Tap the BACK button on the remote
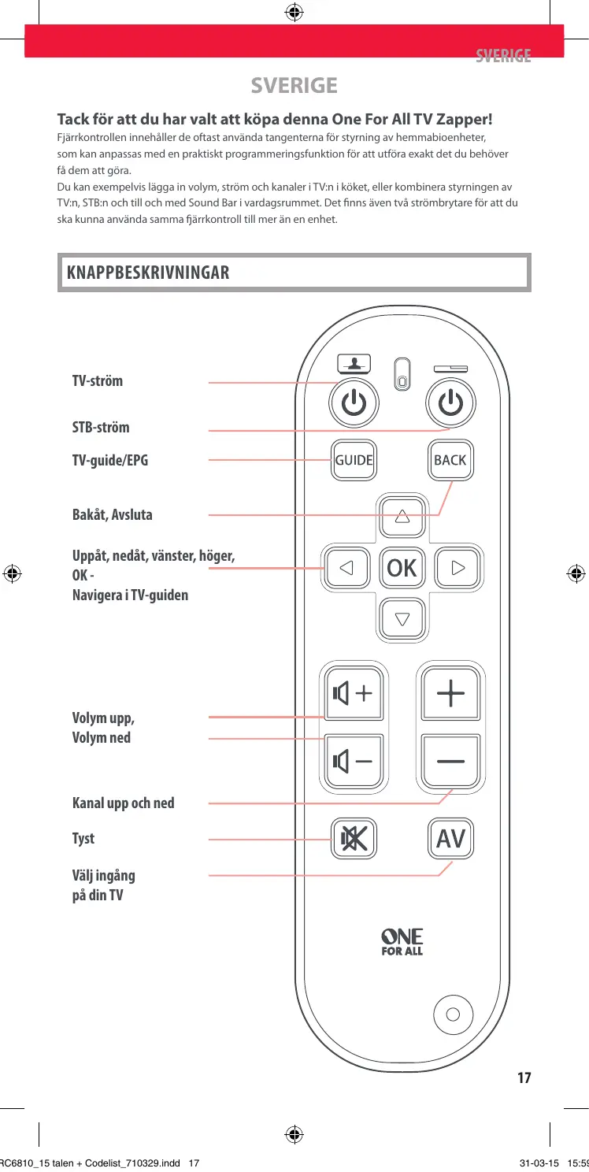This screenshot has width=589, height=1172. (450, 460)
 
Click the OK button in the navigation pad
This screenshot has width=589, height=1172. (402, 567)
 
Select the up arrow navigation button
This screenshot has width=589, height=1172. (402, 517)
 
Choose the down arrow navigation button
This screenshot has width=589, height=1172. (402, 618)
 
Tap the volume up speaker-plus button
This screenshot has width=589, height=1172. (353, 694)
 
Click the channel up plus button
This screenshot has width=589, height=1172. (450, 694)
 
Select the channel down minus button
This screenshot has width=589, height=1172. (450, 762)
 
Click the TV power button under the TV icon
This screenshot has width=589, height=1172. (354, 404)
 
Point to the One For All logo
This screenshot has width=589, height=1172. (402, 941)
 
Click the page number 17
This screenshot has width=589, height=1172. (524, 1077)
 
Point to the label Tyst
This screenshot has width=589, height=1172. (83, 838)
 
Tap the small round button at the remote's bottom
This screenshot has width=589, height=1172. (453, 1014)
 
